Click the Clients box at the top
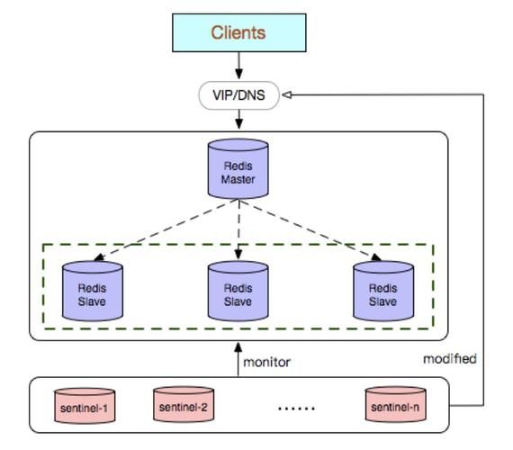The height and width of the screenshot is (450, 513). (x=238, y=32)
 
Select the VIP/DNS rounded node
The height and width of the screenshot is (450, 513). (x=238, y=94)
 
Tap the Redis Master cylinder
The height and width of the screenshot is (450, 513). (x=238, y=169)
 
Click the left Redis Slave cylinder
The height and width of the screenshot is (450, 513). (x=92, y=290)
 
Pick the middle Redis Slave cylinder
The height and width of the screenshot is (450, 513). (x=238, y=290)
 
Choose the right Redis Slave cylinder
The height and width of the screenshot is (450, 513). (x=383, y=290)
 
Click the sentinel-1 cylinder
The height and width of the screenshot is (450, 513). (x=85, y=406)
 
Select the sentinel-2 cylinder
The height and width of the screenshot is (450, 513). (x=183, y=406)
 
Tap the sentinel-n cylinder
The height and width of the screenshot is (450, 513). (x=395, y=406)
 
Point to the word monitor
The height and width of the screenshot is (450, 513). (x=266, y=362)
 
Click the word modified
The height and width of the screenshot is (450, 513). (x=449, y=358)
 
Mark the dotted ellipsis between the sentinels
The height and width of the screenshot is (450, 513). (x=296, y=408)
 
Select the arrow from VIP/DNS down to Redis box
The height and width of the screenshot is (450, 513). (x=238, y=120)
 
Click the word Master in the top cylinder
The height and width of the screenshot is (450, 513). (x=238, y=179)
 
